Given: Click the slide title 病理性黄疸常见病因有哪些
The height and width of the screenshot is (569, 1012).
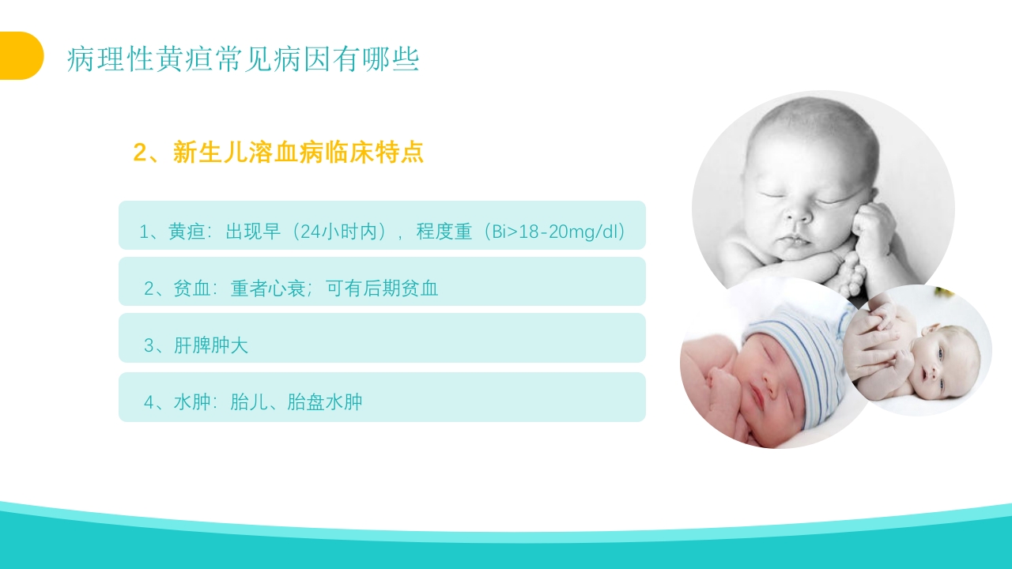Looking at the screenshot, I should (243, 59).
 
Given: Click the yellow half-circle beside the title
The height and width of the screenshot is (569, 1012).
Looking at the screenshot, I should (21, 55).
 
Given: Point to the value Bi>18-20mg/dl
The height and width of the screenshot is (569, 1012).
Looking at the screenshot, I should (558, 232).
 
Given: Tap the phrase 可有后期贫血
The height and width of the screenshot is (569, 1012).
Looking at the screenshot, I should (382, 288).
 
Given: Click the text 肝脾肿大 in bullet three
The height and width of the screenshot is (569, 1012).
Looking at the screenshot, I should (211, 345).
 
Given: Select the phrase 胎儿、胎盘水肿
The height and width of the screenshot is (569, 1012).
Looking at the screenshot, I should (296, 401).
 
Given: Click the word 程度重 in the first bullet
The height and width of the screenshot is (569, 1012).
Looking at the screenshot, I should (444, 232).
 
